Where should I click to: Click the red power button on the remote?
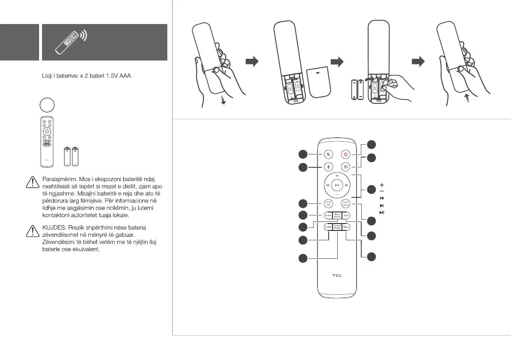coord(346,154)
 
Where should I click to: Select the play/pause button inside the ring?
coord(337,185)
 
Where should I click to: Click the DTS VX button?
coord(329,204)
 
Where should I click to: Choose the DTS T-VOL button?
coord(346,204)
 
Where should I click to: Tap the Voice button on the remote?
coord(328,215)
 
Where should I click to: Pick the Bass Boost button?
coord(337,215)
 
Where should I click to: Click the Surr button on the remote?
coord(347,215)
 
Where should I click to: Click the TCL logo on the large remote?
coord(337,275)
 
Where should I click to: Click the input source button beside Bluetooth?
coord(346,167)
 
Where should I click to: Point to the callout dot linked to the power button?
coord(372,145)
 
